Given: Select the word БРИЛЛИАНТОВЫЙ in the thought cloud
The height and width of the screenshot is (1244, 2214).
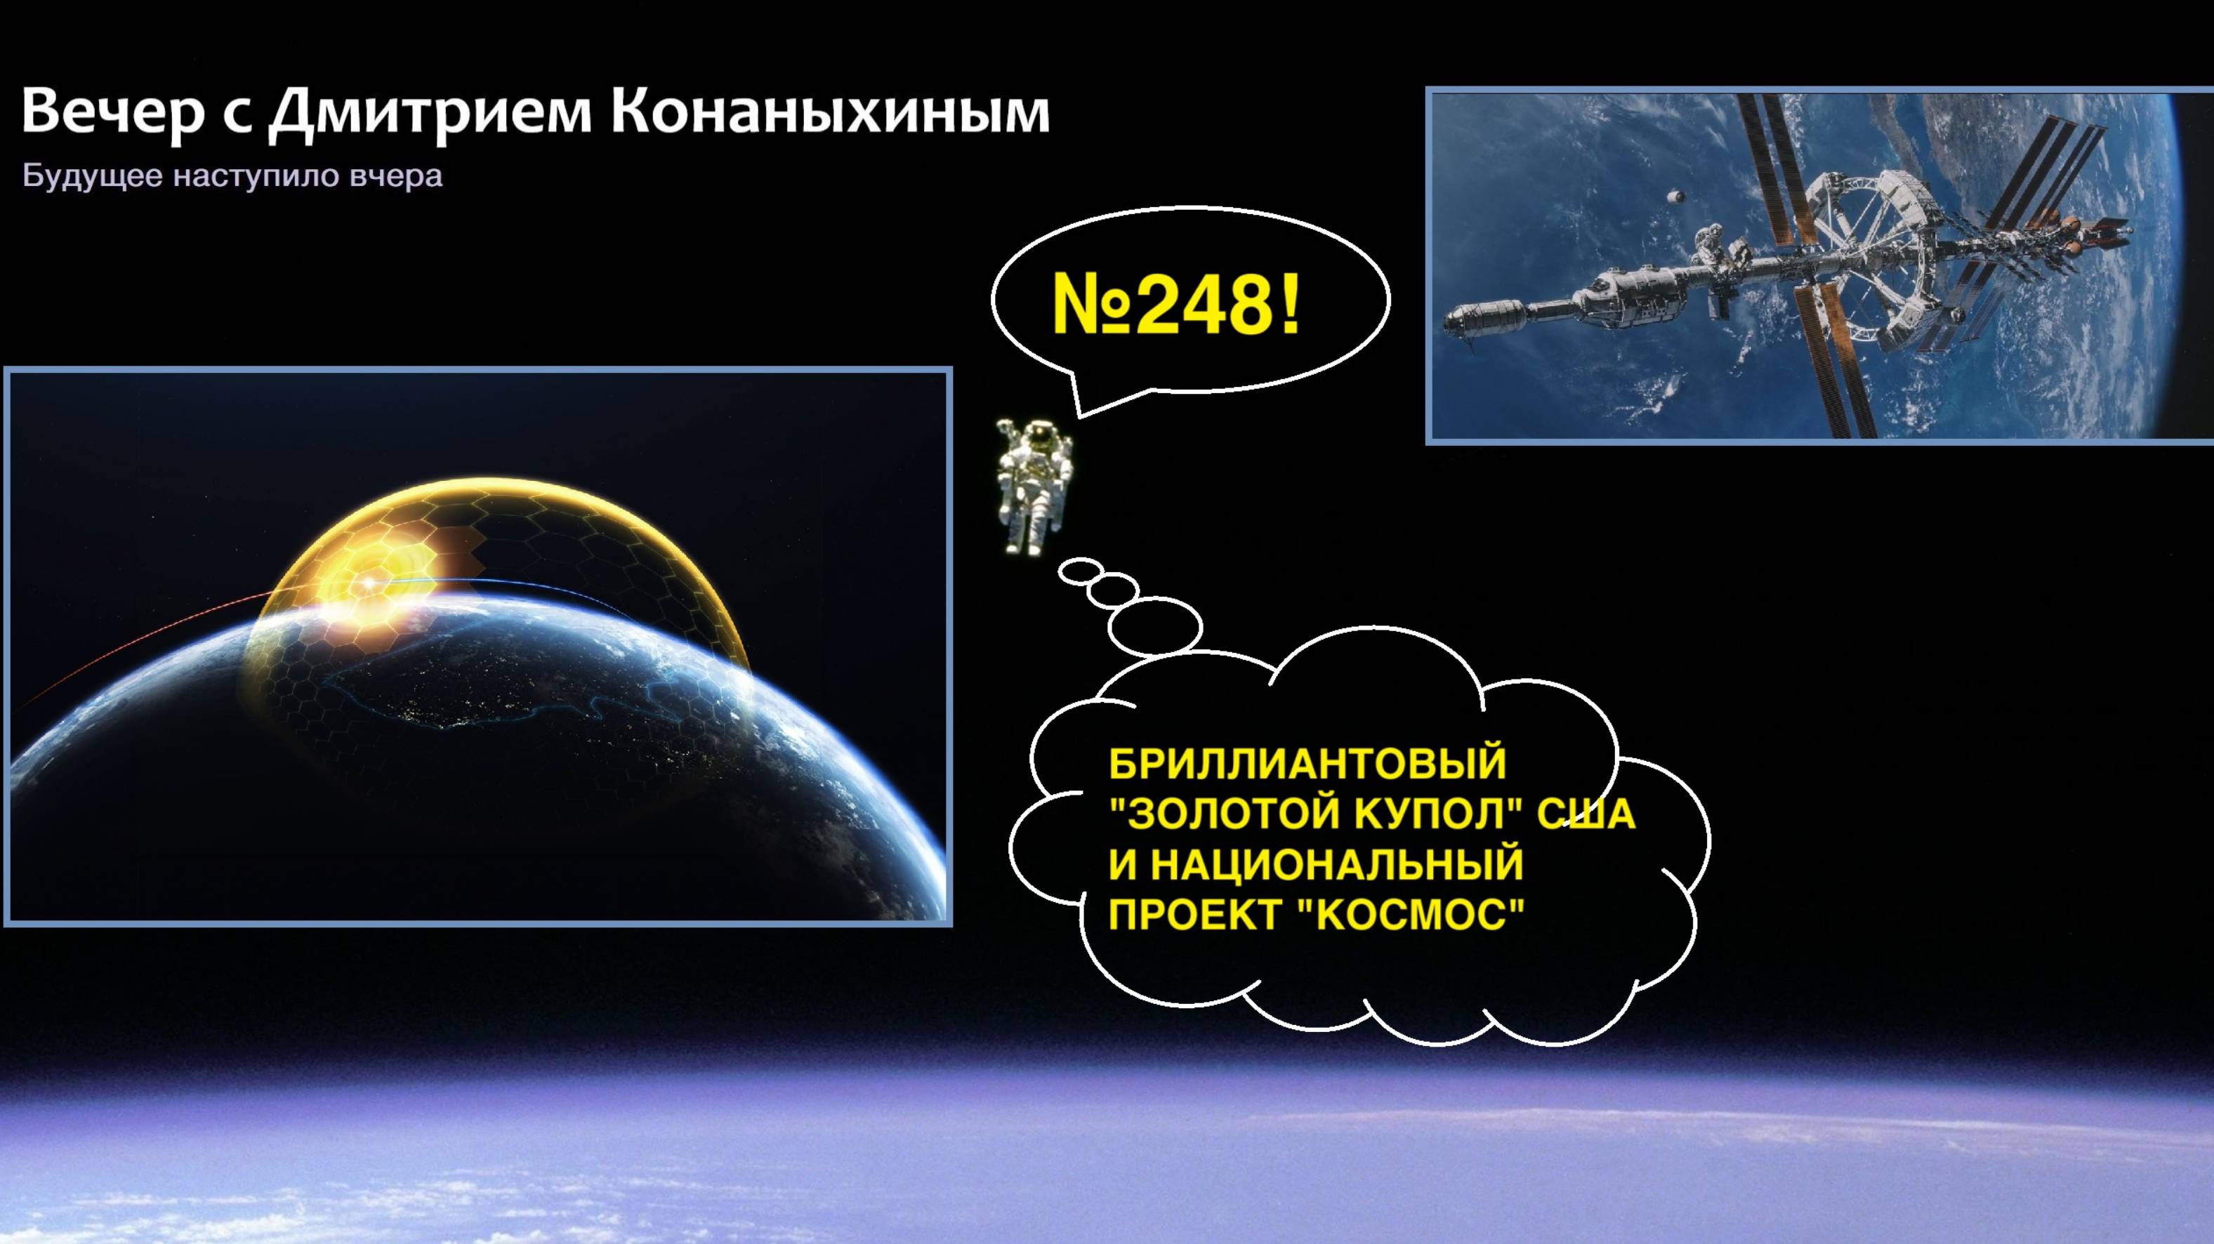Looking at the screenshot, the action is [1307, 763].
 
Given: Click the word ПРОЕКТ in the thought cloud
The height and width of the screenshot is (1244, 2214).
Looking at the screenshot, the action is [1194, 914].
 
